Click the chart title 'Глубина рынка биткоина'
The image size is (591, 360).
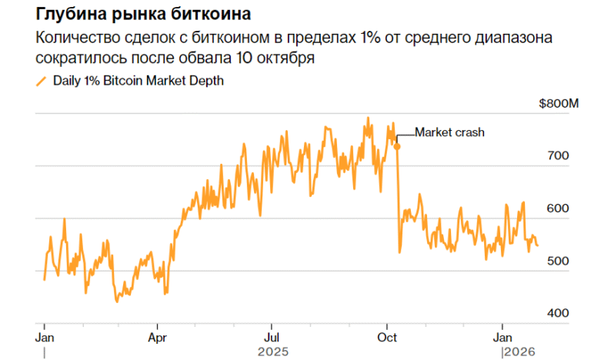(x=137, y=15)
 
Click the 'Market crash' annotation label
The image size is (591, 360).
(x=450, y=132)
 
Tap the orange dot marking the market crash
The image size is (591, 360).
(x=397, y=145)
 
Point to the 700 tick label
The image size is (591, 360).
(x=557, y=156)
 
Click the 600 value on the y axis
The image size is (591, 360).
(x=557, y=209)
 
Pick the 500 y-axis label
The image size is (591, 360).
(x=557, y=262)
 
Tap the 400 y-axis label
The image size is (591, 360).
(x=557, y=314)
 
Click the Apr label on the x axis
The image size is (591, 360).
(x=158, y=337)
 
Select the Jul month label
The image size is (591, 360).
(x=271, y=337)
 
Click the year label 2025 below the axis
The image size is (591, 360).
(x=274, y=352)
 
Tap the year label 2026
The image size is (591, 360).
(x=517, y=352)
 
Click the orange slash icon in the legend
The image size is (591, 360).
(x=41, y=82)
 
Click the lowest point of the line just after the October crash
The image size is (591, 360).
(x=399, y=252)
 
